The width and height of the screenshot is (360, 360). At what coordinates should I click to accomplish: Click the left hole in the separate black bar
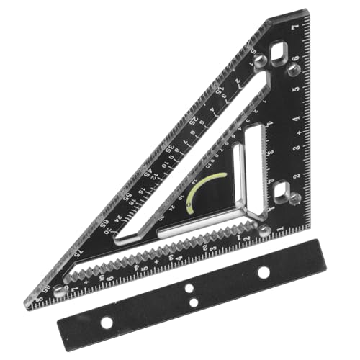[107, 323]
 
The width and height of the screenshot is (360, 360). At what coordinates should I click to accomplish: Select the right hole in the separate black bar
[264, 271]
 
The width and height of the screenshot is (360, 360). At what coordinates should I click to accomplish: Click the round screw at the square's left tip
[59, 291]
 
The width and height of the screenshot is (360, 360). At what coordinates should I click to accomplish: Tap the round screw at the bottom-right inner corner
[264, 230]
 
